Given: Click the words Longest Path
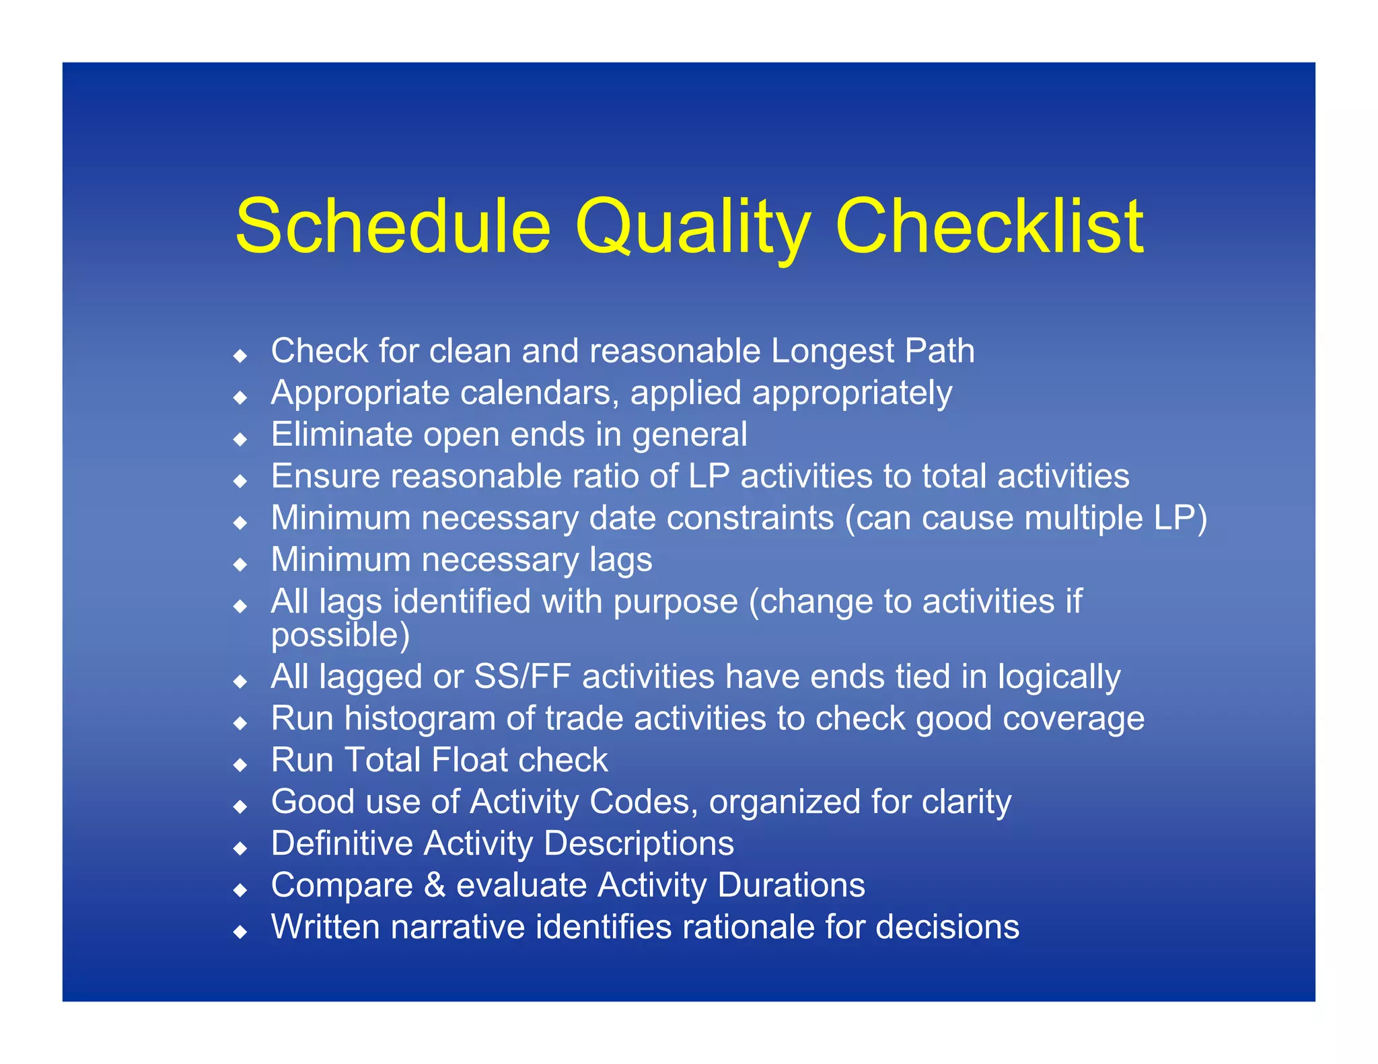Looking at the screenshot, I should (873, 351).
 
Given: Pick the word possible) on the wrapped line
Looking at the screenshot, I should (340, 636).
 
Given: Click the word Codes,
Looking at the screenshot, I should (644, 802).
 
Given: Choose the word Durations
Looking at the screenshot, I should (791, 885).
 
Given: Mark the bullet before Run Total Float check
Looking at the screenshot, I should (240, 765).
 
